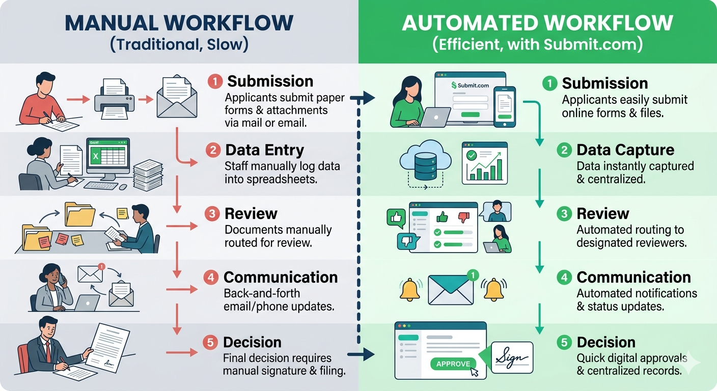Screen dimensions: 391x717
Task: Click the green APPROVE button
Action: [453, 364]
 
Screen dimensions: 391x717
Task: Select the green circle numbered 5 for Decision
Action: [564, 342]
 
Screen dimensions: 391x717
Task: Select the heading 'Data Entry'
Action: [264, 150]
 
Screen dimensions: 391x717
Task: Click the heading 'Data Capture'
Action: [625, 150]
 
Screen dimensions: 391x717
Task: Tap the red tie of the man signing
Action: [47, 351]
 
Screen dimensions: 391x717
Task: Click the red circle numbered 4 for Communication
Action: [211, 277]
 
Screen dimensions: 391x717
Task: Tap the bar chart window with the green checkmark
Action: [484, 163]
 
